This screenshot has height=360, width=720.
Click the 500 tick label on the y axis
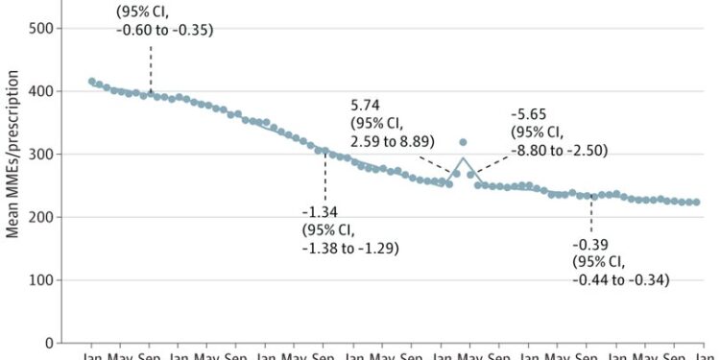pyautogui.click(x=39, y=28)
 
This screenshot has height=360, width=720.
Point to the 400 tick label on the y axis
pyautogui.click(x=39, y=91)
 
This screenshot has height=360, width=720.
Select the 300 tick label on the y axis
pyautogui.click(x=39, y=154)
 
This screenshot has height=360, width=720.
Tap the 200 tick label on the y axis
pyautogui.click(x=39, y=217)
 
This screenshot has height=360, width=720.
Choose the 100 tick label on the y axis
pyautogui.click(x=39, y=279)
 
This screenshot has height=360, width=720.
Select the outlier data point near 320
pyautogui.click(x=464, y=142)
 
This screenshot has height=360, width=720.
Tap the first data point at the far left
pyautogui.click(x=92, y=82)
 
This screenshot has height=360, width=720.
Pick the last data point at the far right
pyautogui.click(x=697, y=203)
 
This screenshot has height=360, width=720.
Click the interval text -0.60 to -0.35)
pyautogui.click(x=164, y=30)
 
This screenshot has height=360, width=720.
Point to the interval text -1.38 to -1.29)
pyautogui.click(x=350, y=249)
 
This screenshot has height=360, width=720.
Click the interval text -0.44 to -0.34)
pyautogui.click(x=620, y=279)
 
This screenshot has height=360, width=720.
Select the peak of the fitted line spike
pyautogui.click(x=464, y=157)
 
